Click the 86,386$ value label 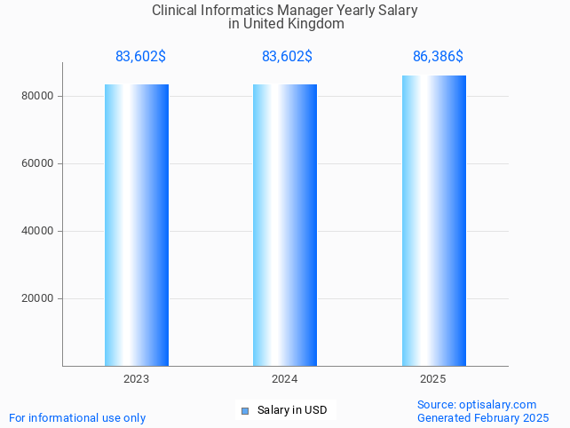(x=438, y=57)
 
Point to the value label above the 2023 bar (x=140, y=57)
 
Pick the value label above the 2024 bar (x=287, y=57)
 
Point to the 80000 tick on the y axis (x=38, y=96)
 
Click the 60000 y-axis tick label (x=38, y=163)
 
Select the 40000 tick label (x=38, y=231)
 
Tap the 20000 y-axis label (x=38, y=298)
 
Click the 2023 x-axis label (x=136, y=379)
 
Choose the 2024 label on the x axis (x=284, y=379)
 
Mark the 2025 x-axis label (x=432, y=379)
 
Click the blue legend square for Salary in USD (x=245, y=410)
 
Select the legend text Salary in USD (x=292, y=410)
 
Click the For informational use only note (x=77, y=417)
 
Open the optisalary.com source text (x=497, y=405)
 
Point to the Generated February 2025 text (x=483, y=418)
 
